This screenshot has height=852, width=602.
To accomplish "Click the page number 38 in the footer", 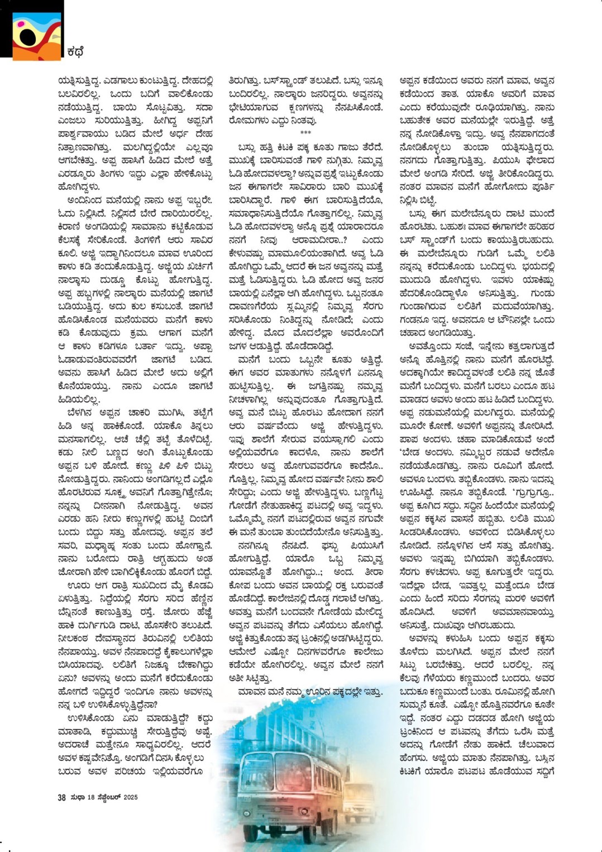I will (x=61, y=797).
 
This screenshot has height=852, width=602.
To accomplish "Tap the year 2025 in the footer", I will (x=131, y=797).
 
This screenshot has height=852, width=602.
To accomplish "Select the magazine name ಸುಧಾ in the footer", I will (x=77, y=797).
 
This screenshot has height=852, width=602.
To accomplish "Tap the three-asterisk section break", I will (x=305, y=133).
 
